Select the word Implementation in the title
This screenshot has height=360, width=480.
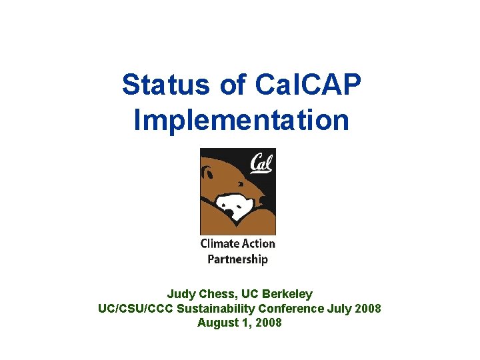(241, 121)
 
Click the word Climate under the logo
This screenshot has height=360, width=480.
(220, 243)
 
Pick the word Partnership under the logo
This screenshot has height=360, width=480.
(237, 259)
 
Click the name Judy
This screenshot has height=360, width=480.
(181, 294)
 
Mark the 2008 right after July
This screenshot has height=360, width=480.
(368, 308)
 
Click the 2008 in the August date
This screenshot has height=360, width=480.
(268, 323)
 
